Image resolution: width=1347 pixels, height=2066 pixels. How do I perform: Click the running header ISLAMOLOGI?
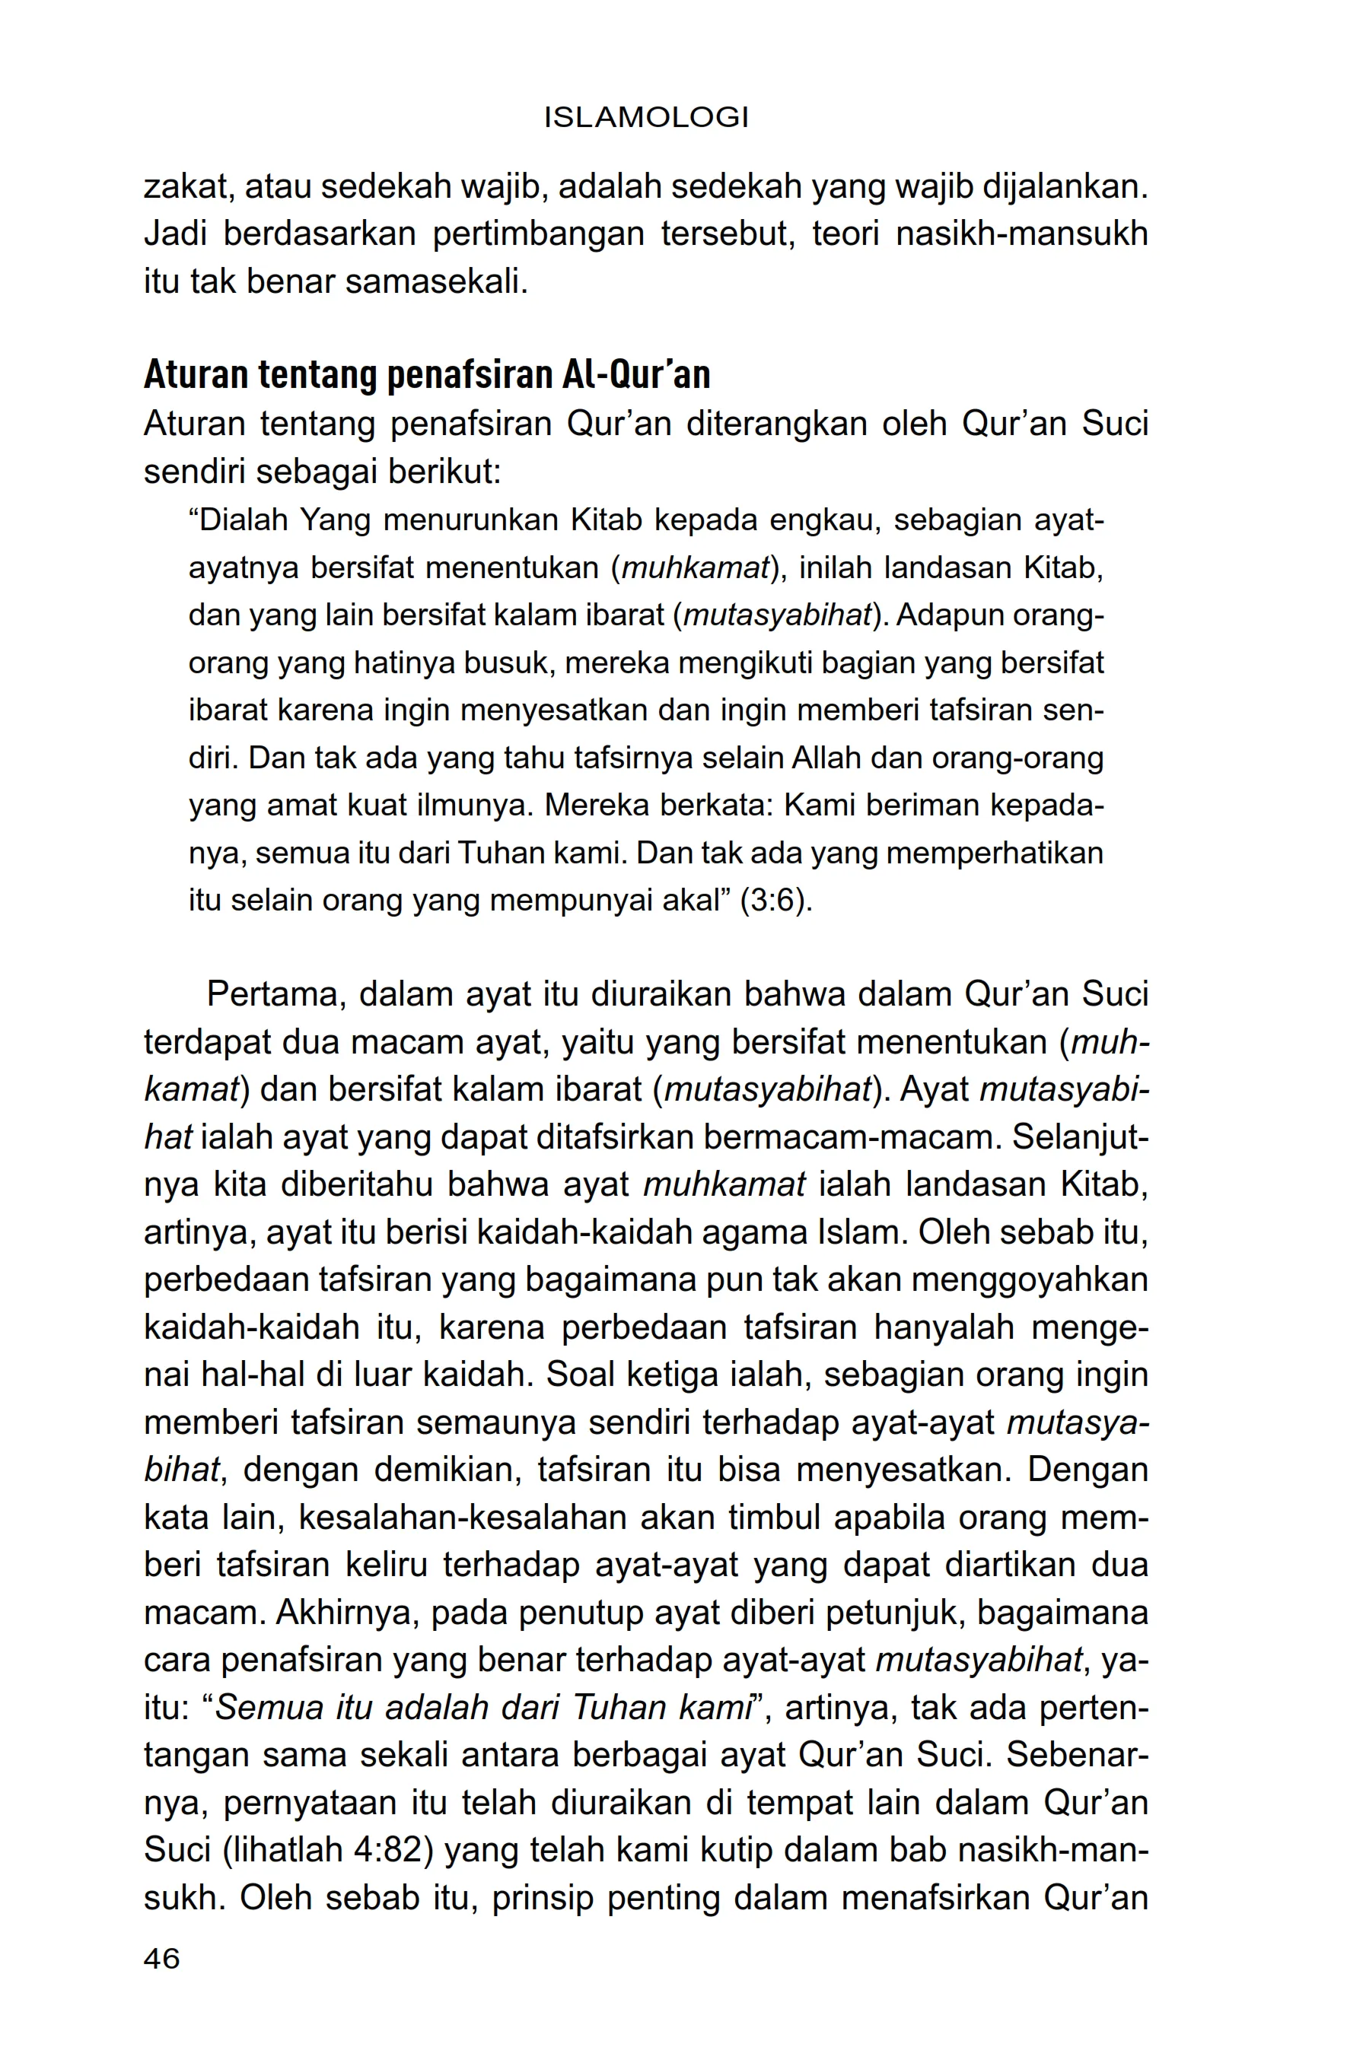(645, 117)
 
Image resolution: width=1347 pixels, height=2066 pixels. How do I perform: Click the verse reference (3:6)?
(775, 900)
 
